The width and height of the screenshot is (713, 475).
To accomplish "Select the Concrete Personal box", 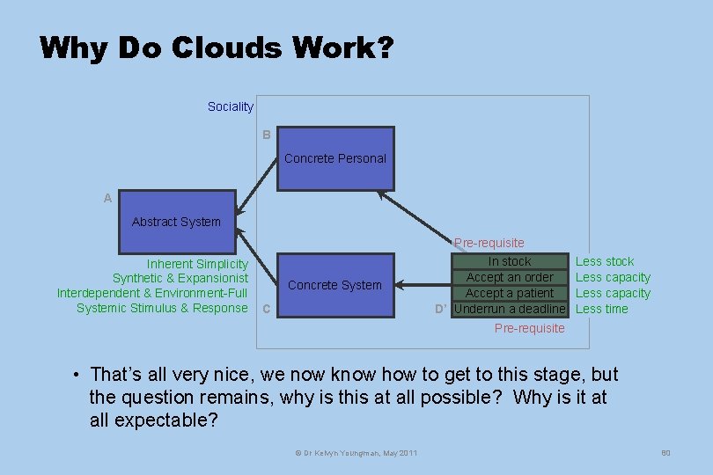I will point(335,159).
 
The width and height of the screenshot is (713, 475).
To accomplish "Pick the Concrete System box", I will point(335,285).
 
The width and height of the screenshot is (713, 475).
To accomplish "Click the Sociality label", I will point(231,106).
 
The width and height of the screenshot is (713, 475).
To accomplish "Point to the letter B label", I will point(266,135).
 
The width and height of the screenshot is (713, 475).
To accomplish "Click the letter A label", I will point(107,199).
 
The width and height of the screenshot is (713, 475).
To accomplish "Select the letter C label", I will point(267,309).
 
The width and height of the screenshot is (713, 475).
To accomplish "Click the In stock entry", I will point(510,261).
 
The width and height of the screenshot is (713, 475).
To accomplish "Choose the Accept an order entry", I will point(510,277).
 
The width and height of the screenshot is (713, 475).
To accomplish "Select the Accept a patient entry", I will point(510,293).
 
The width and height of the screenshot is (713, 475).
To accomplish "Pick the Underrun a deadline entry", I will point(510,309).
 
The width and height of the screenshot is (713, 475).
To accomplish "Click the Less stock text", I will point(605,261).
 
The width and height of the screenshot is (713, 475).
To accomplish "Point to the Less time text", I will point(602,309).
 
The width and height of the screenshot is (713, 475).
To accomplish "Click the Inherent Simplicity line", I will point(197,264).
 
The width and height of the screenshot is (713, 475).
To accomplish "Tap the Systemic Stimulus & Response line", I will point(162,308).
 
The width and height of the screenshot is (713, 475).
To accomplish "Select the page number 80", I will point(665,453).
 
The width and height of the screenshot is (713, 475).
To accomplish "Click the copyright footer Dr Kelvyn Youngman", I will point(356,453).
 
